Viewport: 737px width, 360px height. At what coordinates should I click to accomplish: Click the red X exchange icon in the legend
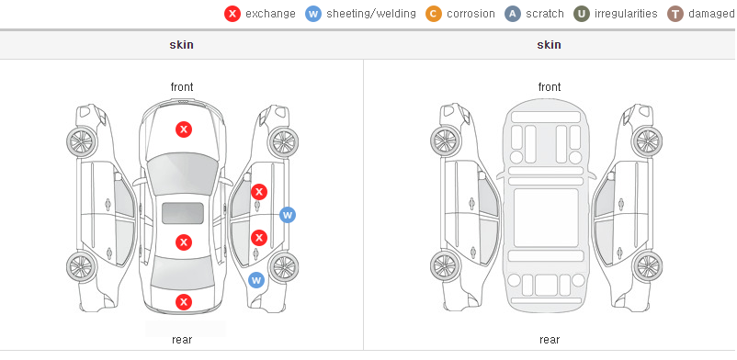[232, 14]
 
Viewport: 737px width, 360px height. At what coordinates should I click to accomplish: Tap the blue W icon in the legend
[313, 14]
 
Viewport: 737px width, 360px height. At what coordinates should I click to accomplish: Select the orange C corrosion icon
[434, 14]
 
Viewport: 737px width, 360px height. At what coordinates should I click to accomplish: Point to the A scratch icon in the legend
[513, 14]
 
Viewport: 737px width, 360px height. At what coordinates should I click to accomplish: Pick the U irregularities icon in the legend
[582, 14]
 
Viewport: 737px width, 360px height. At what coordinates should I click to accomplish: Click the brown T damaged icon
[675, 14]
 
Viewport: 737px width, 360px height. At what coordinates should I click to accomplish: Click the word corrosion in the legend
[471, 14]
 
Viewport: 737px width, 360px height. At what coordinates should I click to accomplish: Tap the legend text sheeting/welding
[371, 14]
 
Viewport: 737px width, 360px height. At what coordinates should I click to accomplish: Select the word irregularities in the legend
[626, 14]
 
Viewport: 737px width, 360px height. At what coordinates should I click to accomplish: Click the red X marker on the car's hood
[184, 129]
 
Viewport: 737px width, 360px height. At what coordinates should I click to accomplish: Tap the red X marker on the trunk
[184, 302]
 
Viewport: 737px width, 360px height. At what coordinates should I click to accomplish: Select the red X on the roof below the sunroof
[184, 242]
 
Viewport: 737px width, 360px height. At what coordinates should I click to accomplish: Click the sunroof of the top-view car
[183, 213]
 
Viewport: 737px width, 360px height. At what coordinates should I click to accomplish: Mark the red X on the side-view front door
[259, 192]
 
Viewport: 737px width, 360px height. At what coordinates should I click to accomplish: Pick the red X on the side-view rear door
[259, 238]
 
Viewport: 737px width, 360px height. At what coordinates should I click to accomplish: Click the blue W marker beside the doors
[288, 215]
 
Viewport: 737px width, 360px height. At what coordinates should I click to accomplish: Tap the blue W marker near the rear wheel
[256, 281]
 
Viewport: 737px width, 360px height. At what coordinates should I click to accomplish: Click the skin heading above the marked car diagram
[181, 45]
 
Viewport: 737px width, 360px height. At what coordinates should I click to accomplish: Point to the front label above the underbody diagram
[550, 87]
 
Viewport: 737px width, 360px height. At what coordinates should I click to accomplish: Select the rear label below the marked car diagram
[182, 340]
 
